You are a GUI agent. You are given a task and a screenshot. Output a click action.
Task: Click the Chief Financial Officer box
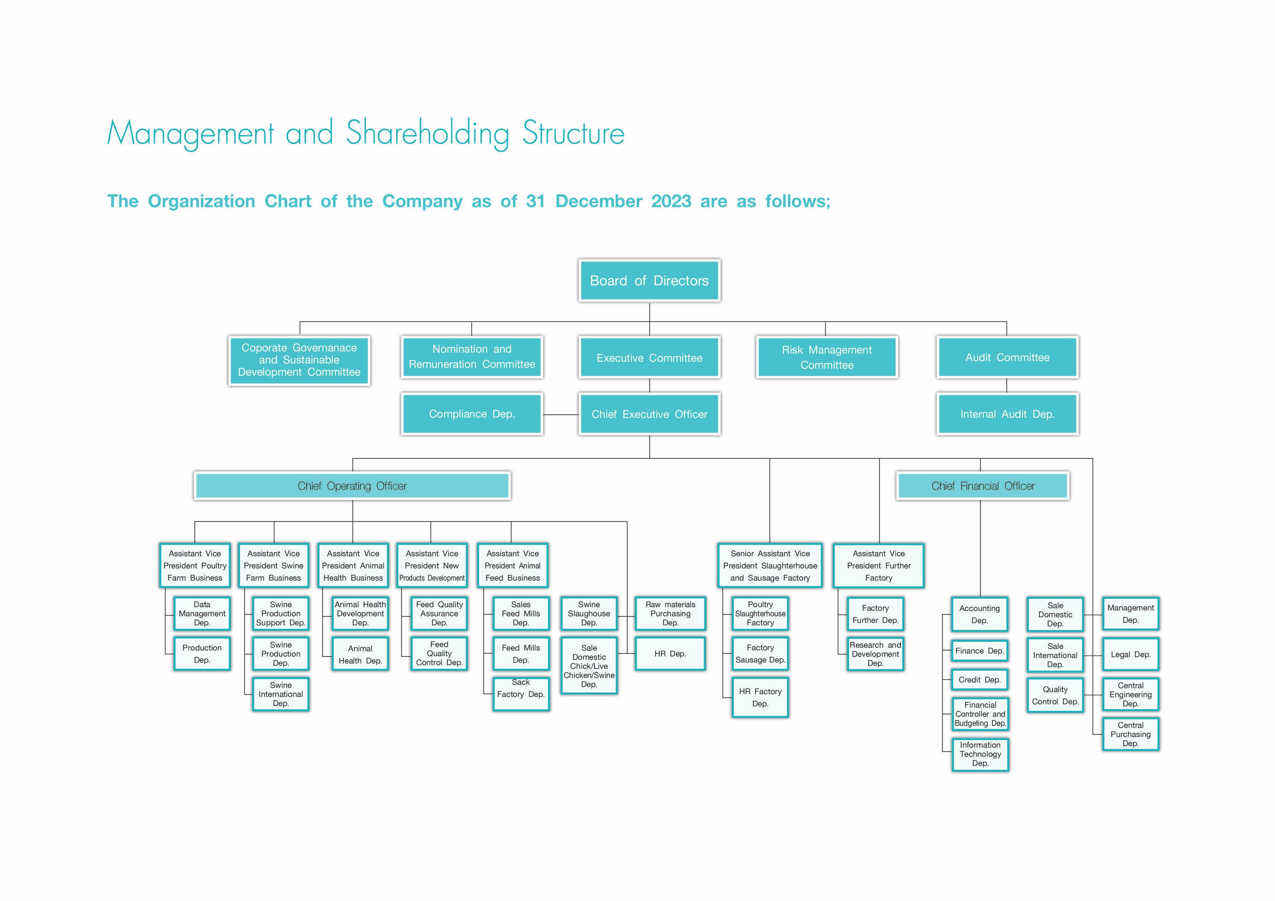click(982, 486)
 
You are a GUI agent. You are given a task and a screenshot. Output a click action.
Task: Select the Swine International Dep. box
click(281, 694)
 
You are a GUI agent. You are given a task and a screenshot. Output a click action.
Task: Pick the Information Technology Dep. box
click(980, 754)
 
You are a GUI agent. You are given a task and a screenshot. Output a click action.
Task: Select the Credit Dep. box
click(979, 679)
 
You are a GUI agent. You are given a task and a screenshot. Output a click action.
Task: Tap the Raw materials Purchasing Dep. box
click(670, 613)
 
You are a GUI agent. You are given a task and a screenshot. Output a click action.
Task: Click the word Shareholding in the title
click(427, 133)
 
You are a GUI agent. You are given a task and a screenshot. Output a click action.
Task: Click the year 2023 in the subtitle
click(671, 201)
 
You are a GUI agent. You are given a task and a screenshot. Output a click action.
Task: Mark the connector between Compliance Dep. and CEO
click(560, 415)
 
